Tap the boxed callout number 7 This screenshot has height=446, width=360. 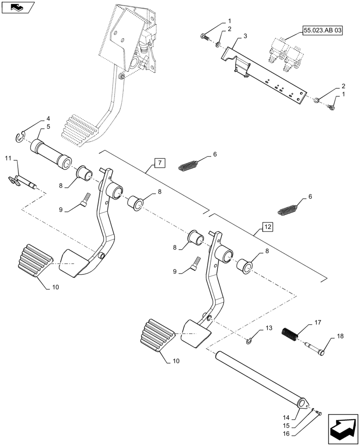pos(160,163)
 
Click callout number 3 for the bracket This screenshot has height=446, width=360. pos(245,35)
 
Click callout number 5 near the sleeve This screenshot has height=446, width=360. pos(48,127)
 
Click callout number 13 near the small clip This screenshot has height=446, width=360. pos(268,328)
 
